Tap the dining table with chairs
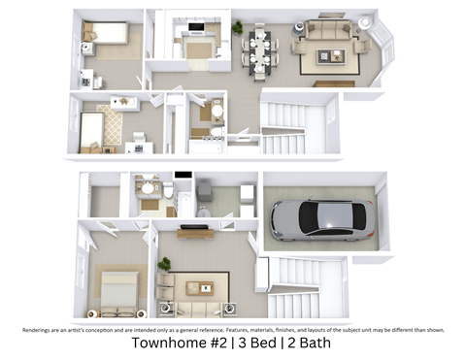tap(260, 49)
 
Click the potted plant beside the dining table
tap(237, 27)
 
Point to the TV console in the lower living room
tap(194, 232)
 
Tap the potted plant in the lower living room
tap(165, 264)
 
